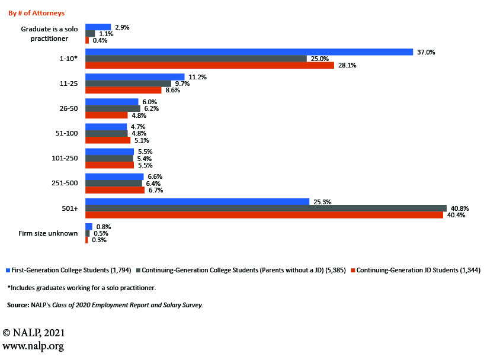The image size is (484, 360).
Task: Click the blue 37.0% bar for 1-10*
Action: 249,52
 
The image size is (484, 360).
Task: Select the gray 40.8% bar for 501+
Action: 265,208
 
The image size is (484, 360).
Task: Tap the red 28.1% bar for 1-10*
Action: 210,66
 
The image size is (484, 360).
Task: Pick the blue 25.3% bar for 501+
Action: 197,202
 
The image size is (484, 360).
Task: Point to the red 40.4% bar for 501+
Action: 264,215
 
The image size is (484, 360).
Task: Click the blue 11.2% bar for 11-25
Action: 134,77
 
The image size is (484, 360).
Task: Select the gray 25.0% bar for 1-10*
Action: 195,59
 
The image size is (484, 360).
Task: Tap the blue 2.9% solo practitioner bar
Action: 98,27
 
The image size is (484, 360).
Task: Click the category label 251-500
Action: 65,184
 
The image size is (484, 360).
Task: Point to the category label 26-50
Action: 68,109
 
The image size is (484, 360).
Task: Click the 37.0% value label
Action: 426,52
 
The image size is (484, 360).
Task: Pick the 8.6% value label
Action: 172,91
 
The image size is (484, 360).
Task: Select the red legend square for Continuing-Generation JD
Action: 352,271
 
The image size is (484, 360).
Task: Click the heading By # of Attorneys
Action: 37,13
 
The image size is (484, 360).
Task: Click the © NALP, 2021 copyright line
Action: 34,333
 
